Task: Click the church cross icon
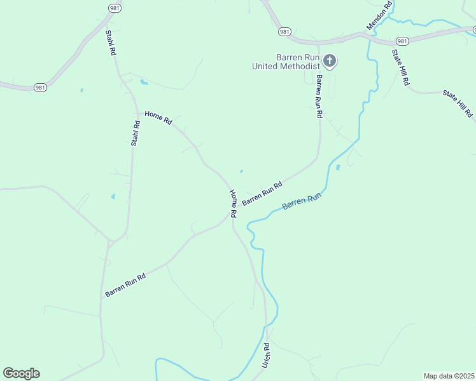tap(330, 61)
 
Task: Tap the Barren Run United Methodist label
tap(286, 62)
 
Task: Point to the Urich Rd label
tap(266, 356)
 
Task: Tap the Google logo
tap(21, 373)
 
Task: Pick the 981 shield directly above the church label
tap(284, 31)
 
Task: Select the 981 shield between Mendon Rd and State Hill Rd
tap(402, 39)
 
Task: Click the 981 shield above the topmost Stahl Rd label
tap(115, 8)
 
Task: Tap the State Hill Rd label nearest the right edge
tap(458, 104)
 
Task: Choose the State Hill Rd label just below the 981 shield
tap(400, 68)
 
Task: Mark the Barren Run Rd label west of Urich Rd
tap(125, 285)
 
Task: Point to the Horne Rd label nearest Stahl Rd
tap(158, 117)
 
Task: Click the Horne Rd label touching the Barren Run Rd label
tap(234, 204)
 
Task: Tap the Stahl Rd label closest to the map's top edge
tap(111, 43)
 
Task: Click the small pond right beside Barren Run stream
tap(338, 168)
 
